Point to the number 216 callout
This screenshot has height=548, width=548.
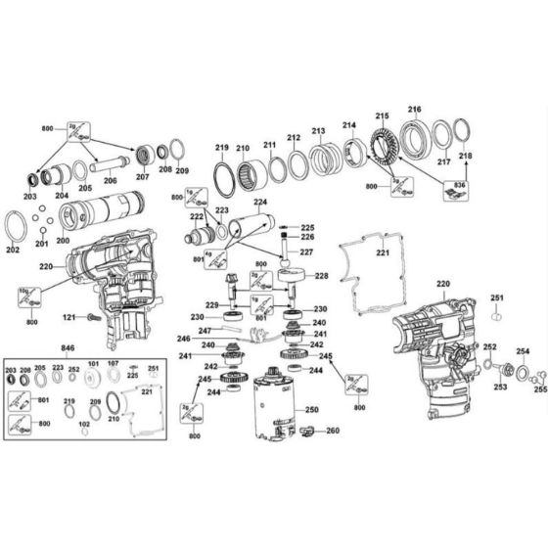click(415, 110)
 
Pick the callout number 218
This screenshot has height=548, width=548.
click(465, 156)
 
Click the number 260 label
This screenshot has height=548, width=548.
click(333, 432)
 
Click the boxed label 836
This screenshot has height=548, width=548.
click(460, 184)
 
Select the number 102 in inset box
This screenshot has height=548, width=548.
click(84, 424)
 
